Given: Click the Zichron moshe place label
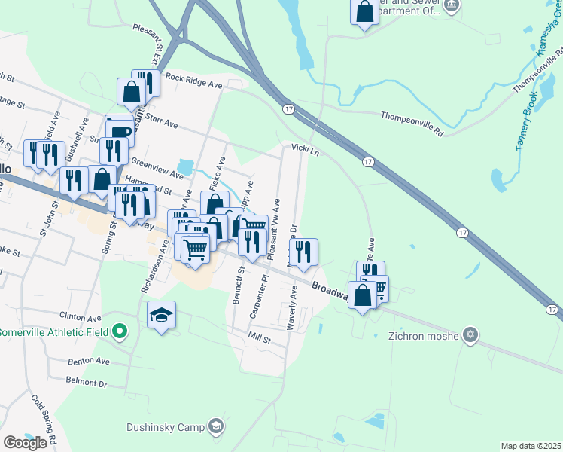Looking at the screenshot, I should click(x=423, y=336).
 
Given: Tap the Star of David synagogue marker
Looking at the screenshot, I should click(x=471, y=334).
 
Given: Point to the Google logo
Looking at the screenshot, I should click(x=25, y=442).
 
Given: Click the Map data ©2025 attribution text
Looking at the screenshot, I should click(x=531, y=446).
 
